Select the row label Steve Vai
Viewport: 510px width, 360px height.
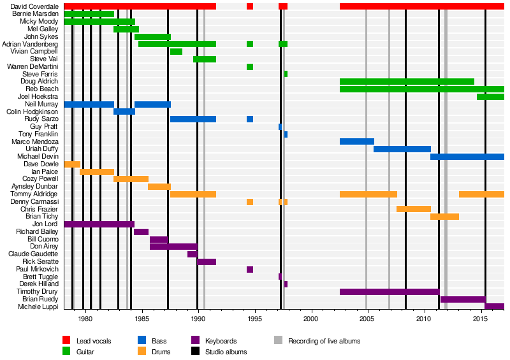pos(44,59)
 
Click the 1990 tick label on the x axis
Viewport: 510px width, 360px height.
pos(198,319)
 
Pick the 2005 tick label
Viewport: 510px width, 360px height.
pos(367,319)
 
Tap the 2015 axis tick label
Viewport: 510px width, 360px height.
pos(480,319)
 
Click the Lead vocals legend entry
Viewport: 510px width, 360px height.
pos(93,341)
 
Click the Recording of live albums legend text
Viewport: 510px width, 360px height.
pos(324,341)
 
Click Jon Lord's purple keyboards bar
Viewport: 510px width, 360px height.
pos(99,224)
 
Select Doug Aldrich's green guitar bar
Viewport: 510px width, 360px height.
pos(407,82)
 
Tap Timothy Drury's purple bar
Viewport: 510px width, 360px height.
pos(389,292)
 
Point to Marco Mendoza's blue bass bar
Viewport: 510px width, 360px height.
pos(356,141)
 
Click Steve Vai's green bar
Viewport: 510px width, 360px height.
pos(205,59)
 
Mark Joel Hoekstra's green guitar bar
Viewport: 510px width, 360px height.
pos(490,97)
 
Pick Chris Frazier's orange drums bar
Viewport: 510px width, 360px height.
pos(413,209)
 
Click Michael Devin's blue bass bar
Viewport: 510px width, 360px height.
pos(467,157)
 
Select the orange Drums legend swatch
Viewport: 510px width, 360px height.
pos(142,352)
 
